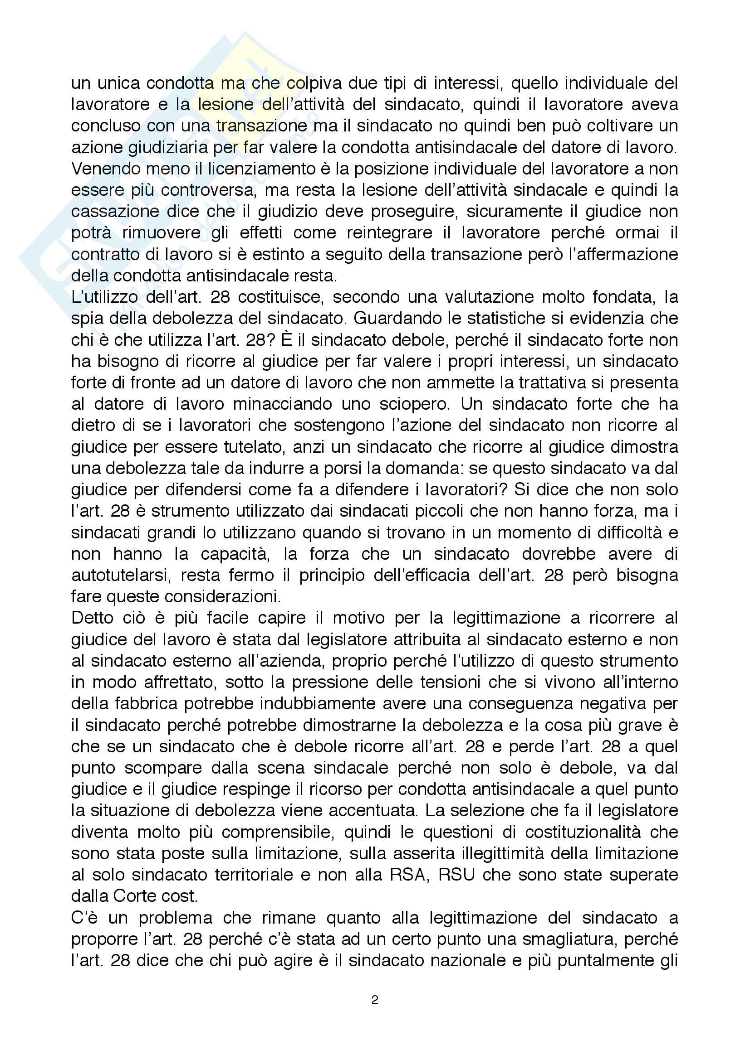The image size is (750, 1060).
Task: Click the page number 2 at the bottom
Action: [374, 1000]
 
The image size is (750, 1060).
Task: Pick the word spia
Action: [86, 319]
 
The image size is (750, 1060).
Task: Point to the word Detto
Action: [90, 618]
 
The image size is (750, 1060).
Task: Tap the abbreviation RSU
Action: [456, 875]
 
